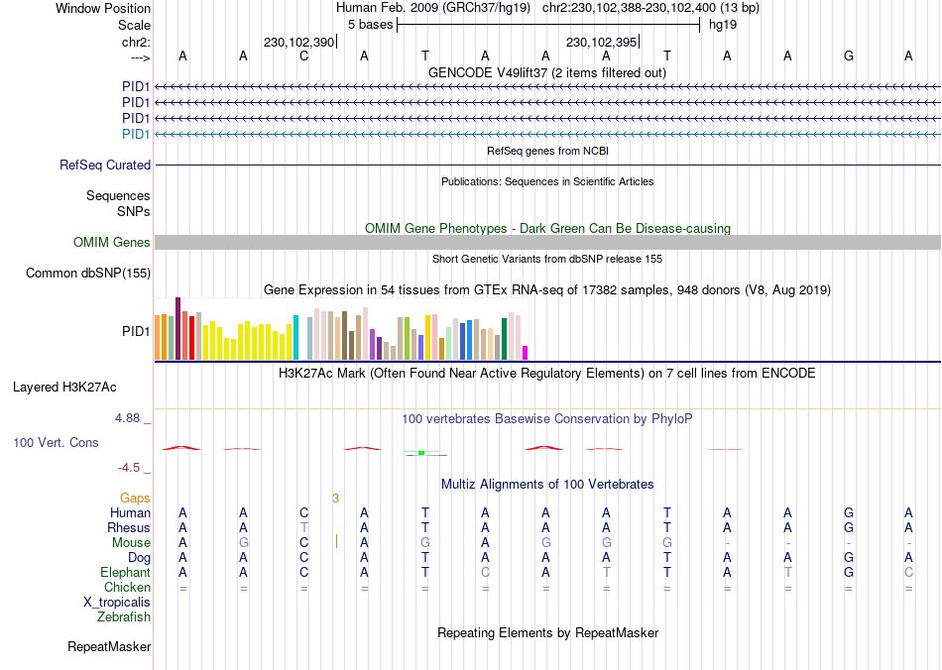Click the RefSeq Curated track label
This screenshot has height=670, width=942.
[x=105, y=166]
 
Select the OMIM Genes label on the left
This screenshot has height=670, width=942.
[x=112, y=243]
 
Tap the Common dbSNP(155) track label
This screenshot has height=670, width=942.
[x=88, y=274]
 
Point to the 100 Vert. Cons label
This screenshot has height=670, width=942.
[x=56, y=442]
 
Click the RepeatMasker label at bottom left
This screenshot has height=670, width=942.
[x=109, y=647]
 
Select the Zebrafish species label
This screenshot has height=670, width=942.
[x=124, y=617]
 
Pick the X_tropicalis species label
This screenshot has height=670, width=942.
[x=117, y=603]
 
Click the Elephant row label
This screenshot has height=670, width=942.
[x=125, y=573]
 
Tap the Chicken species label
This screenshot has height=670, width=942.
[x=127, y=588]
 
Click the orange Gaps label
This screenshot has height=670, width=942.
[x=136, y=498]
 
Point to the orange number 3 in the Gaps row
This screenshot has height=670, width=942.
[x=336, y=498]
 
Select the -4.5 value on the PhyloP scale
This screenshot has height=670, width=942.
[x=129, y=468]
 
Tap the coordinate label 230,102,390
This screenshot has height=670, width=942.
[x=298, y=43]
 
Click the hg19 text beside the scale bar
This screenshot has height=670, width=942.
[x=722, y=25]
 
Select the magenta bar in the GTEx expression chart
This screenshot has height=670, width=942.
[x=526, y=352]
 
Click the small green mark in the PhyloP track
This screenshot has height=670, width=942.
[x=421, y=453]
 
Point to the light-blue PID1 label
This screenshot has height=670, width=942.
[x=136, y=134]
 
